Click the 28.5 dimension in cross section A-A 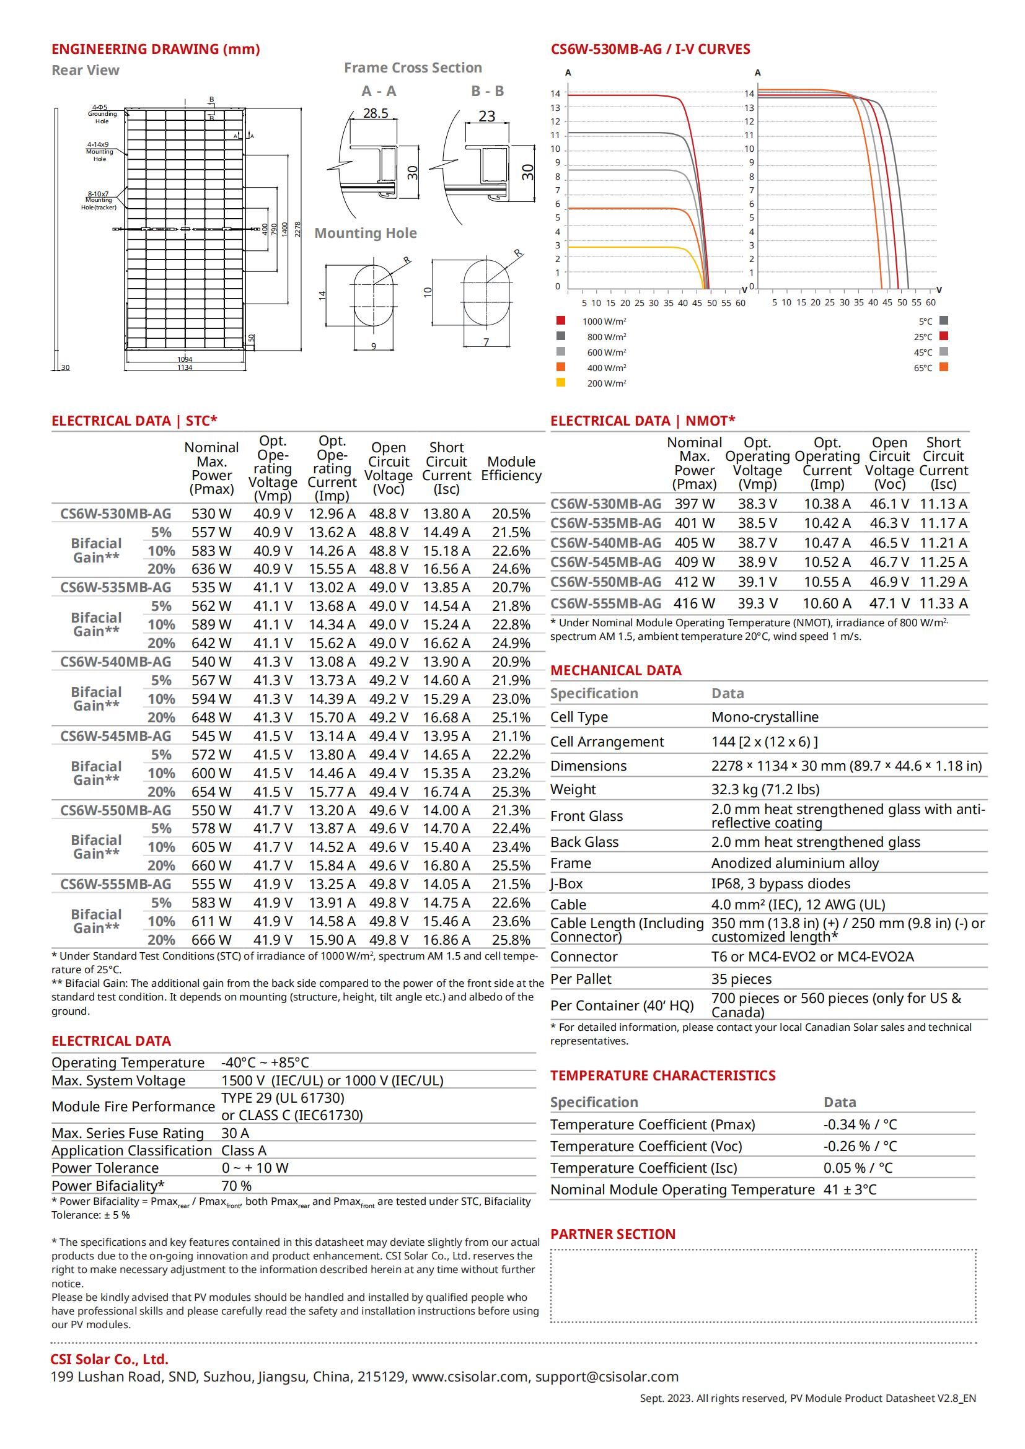[376, 113]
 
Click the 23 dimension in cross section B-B [486, 116]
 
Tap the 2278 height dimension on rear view [298, 229]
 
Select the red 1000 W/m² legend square [560, 321]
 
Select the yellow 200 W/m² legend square [560, 382]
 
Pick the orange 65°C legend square [944, 367]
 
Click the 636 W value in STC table [211, 569]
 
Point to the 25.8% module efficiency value [511, 940]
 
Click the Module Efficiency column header [511, 468]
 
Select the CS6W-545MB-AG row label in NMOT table [605, 563]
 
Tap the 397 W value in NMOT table [694, 504]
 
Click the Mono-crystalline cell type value [764, 717]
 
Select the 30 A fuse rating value [235, 1133]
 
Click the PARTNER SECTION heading [612, 1235]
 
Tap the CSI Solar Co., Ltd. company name [109, 1359]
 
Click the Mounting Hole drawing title [366, 233]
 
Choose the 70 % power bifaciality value [237, 1186]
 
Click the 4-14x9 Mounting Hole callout [99, 151]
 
